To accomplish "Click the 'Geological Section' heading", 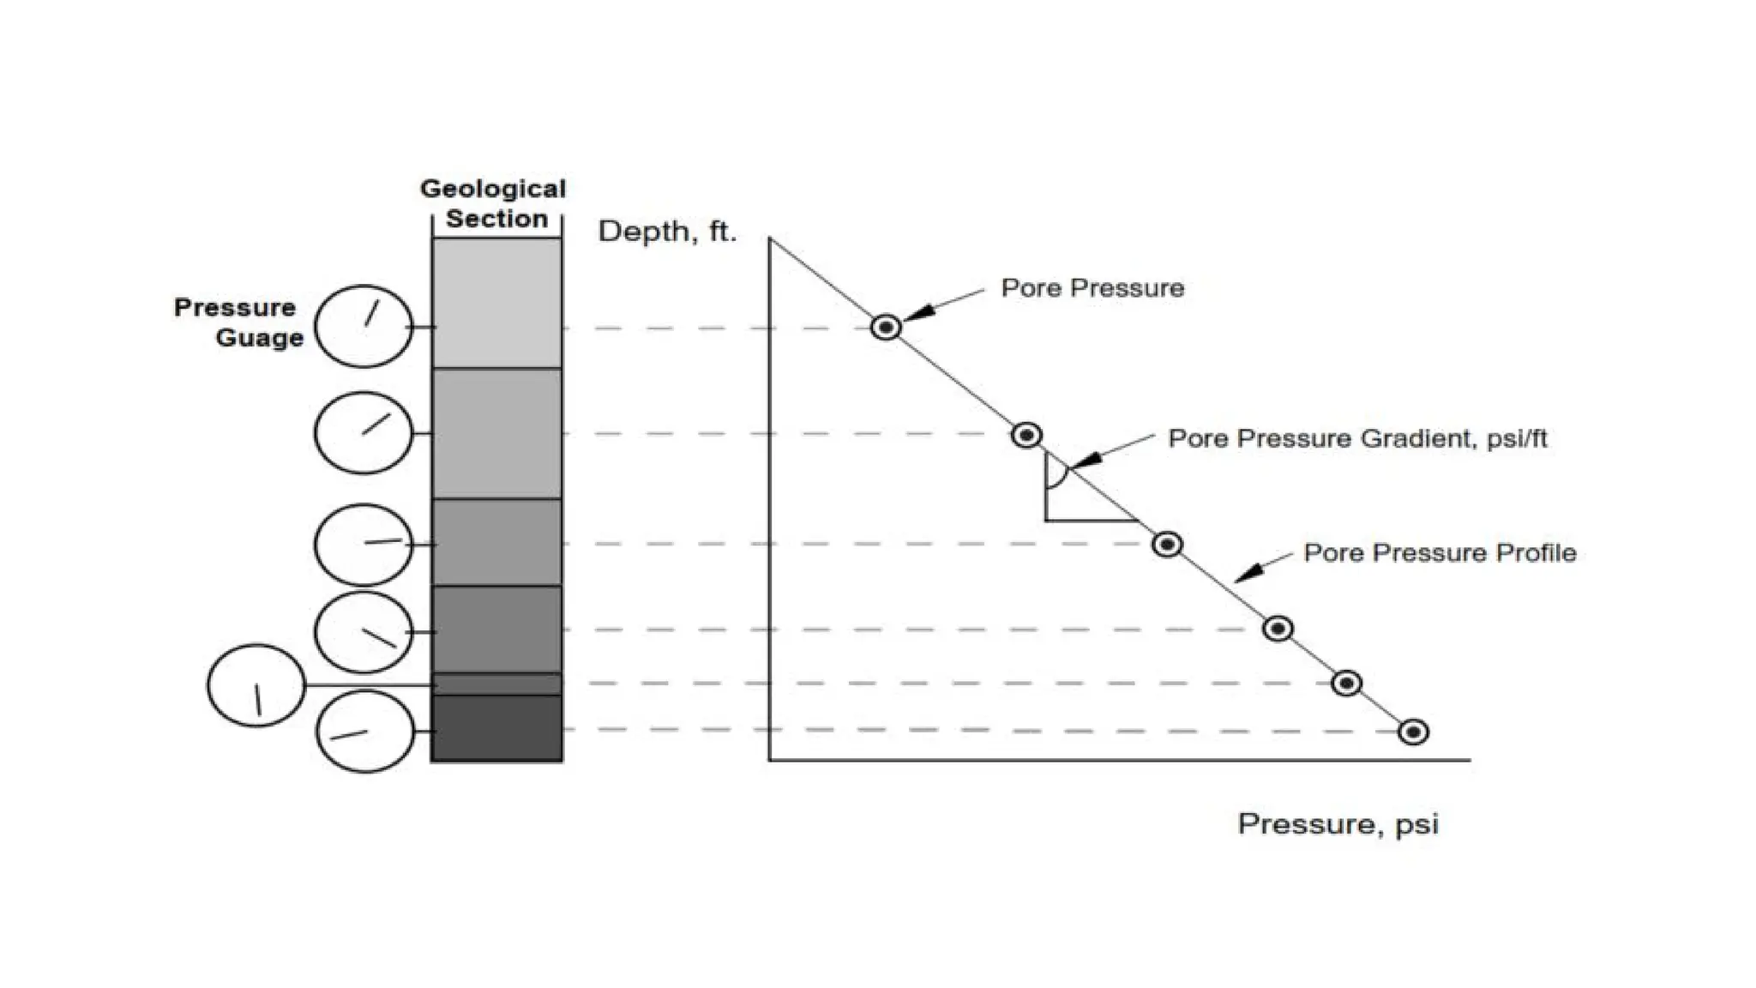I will tap(493, 204).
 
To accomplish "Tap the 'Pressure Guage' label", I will tap(238, 322).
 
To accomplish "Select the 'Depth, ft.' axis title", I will tap(667, 232).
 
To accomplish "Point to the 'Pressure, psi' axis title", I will tap(1338, 824).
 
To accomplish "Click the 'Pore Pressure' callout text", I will tap(1092, 288).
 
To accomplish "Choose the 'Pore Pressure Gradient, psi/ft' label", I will tap(1357, 439).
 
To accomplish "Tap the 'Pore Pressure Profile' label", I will tap(1440, 553).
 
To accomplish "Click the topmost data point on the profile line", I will tap(886, 327).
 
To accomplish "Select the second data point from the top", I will tap(1026, 435).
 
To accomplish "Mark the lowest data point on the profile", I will tap(1413, 732).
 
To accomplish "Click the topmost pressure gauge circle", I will tap(364, 327).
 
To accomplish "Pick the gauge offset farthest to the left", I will tap(256, 686).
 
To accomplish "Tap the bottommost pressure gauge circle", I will tap(364, 732).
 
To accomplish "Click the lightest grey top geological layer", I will tap(496, 304).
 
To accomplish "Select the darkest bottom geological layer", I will tap(496, 728).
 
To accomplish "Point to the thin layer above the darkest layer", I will tap(496, 684).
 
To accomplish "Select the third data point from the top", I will tap(1167, 545).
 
